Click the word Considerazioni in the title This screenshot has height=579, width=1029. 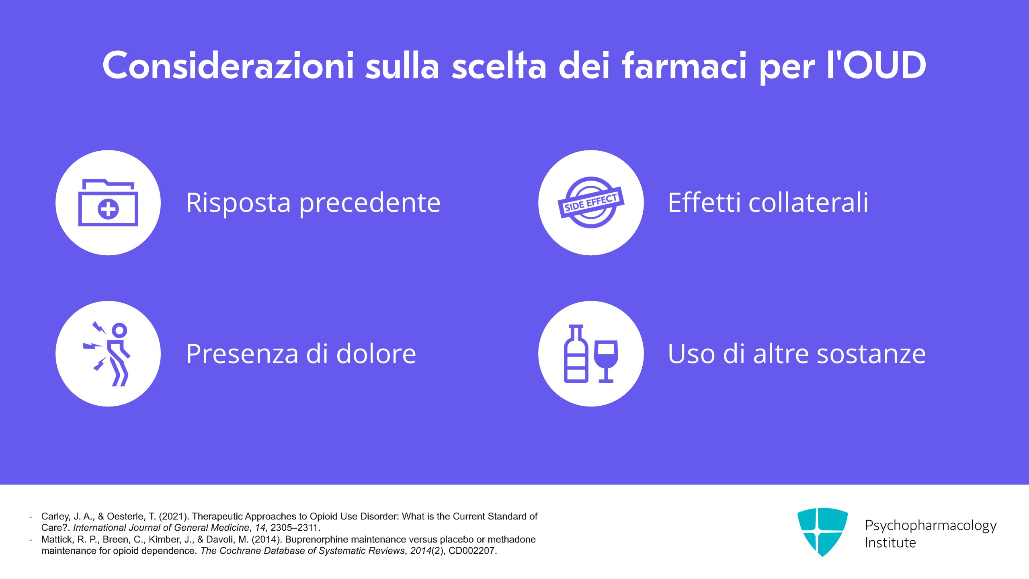click(x=228, y=65)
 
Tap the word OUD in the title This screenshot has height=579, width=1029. click(x=884, y=65)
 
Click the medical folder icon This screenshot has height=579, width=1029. click(x=108, y=203)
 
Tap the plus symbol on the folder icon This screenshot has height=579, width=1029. click(x=108, y=209)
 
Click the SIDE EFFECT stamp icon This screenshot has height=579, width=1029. click(x=591, y=203)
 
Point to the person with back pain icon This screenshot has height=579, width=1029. click(x=108, y=354)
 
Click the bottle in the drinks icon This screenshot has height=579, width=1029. click(x=576, y=354)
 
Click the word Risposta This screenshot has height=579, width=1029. click(x=238, y=203)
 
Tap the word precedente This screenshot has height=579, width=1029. click(x=370, y=203)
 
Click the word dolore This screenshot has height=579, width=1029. click(x=376, y=354)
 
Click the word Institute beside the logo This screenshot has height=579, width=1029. click(x=890, y=543)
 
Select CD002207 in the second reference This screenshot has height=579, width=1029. click(x=473, y=551)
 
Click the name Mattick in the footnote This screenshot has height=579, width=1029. click(x=57, y=540)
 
